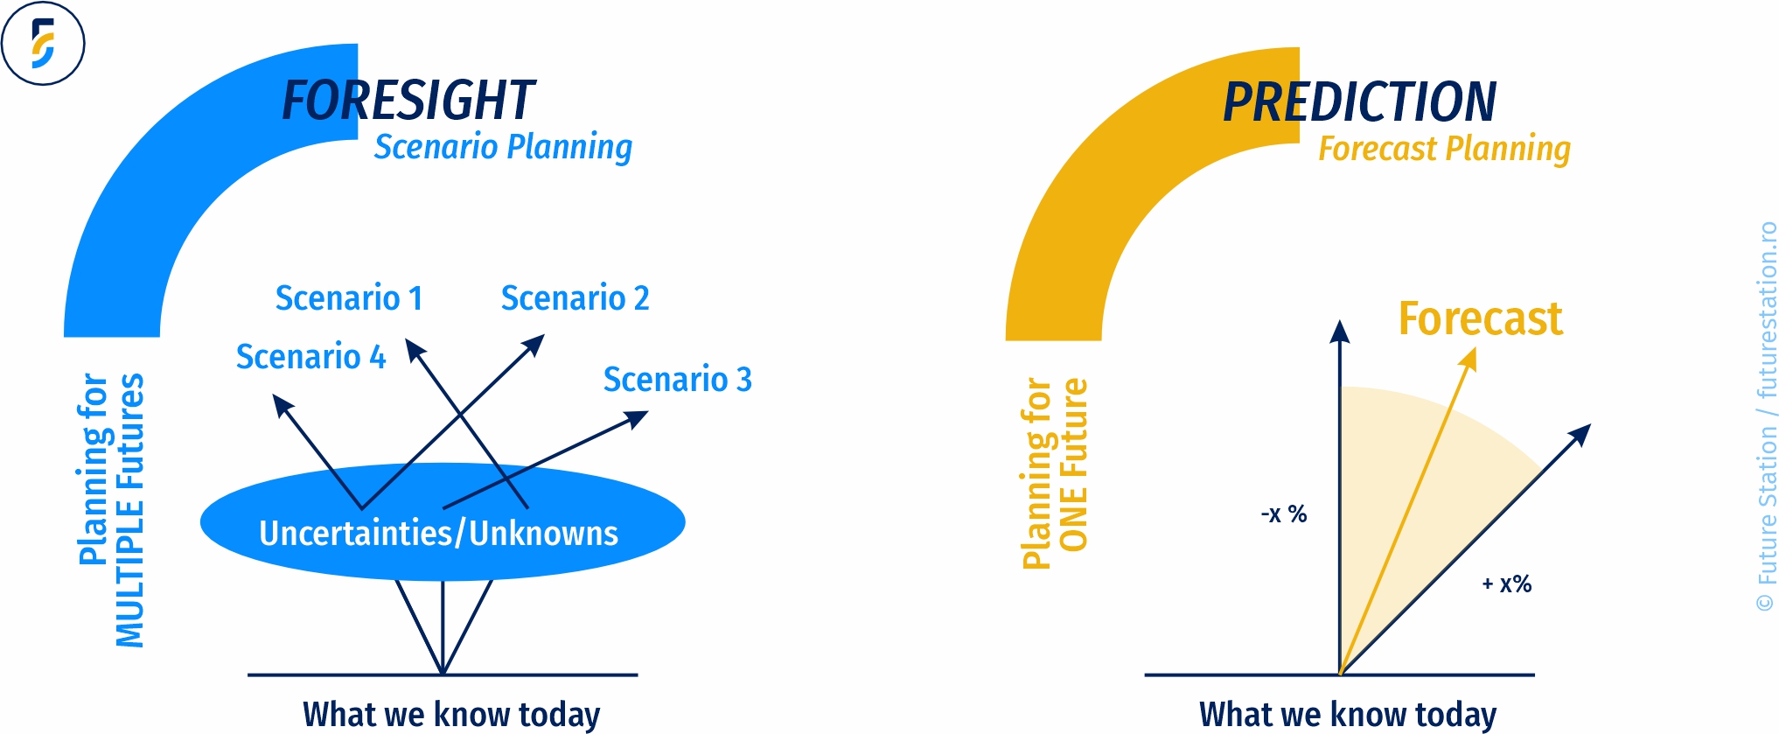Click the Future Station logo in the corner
pos(43,43)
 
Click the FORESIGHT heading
pos(408,101)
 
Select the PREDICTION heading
pos(1360,102)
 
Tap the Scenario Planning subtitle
pos(503,147)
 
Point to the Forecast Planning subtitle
pos(1445,149)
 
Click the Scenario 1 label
pos(349,298)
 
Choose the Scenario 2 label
pos(576,298)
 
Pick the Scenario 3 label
pos(678,380)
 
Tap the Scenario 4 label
pos(311,357)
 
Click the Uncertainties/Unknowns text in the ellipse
pos(439,533)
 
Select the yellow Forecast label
pos(1481,318)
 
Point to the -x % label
pos(1284,514)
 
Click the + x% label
pos(1507,584)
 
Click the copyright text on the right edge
pos(1767,416)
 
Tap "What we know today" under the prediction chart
pos(1348,714)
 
